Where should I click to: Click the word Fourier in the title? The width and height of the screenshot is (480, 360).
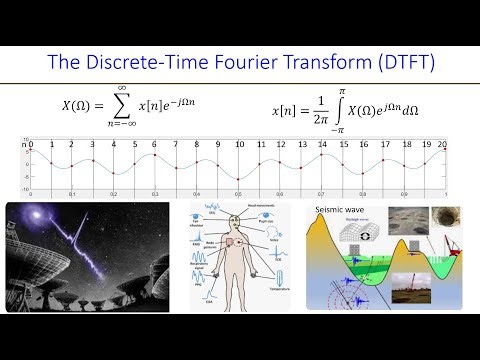click(237, 63)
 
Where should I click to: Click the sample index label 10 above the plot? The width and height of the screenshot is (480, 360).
click(238, 145)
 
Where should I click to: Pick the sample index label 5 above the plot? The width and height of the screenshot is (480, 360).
click(134, 145)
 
